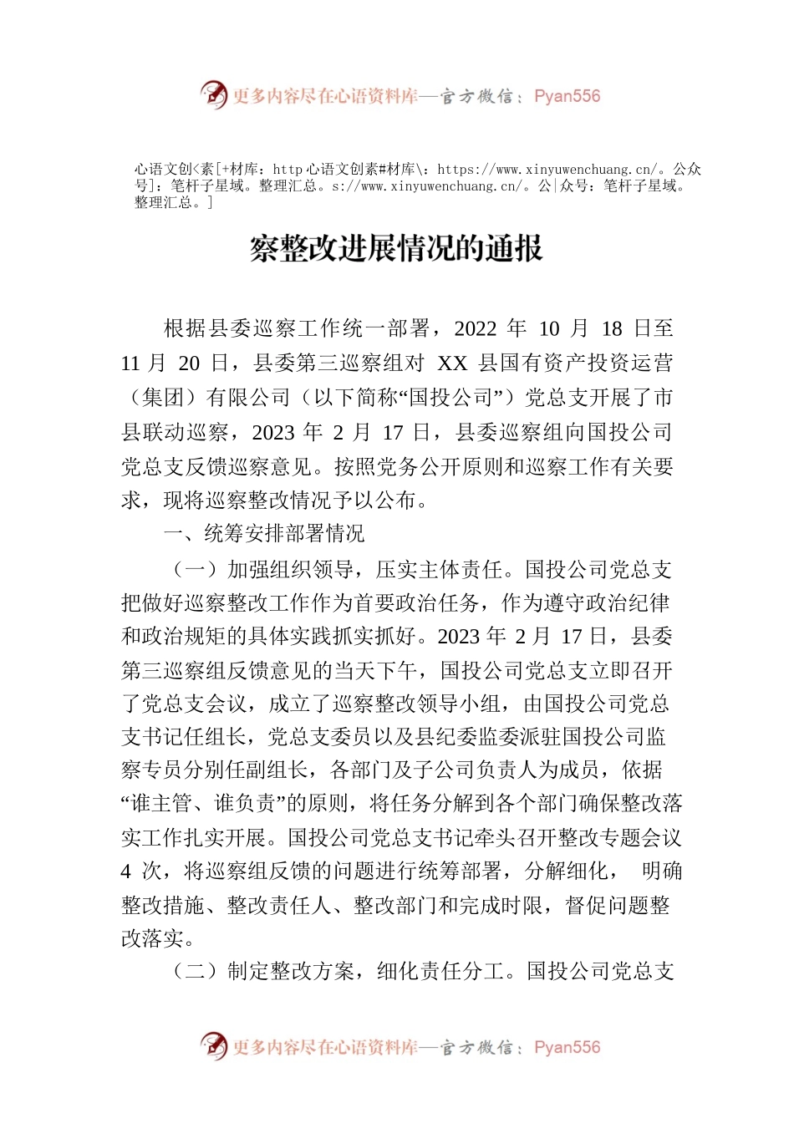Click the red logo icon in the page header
click(214, 95)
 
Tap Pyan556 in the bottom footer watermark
click(567, 1047)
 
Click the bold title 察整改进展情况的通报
click(397, 248)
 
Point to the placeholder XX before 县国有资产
click(452, 363)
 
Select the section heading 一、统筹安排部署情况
click(264, 534)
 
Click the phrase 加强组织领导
click(290, 570)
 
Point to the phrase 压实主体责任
click(439, 570)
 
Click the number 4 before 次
click(126, 871)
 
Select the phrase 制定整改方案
click(290, 971)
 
